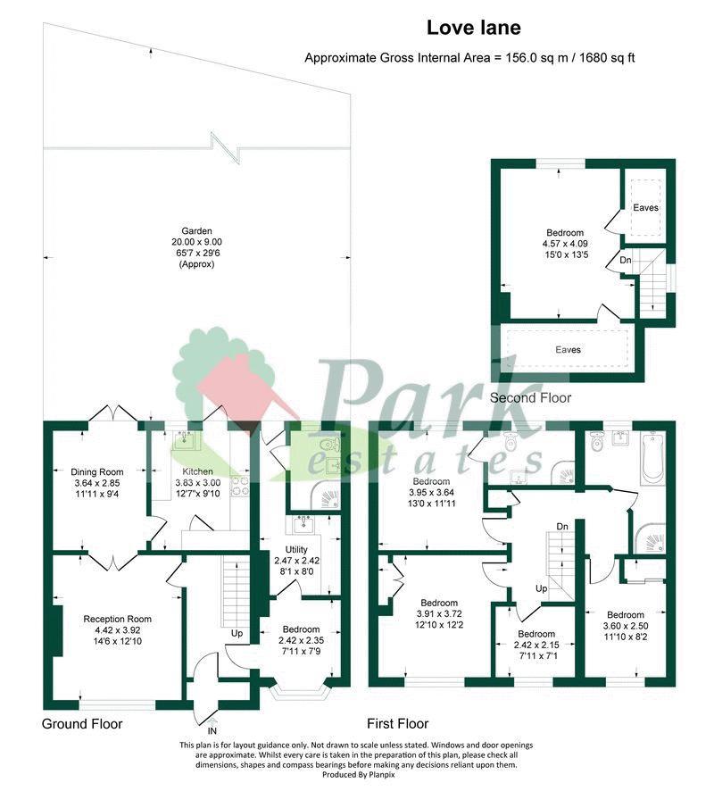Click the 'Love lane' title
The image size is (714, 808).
click(x=473, y=28)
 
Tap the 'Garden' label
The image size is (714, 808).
click(x=196, y=231)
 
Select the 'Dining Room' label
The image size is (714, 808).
click(x=97, y=472)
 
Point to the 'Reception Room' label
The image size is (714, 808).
click(x=118, y=620)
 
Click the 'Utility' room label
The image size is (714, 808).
click(x=296, y=550)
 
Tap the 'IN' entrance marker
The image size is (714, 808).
click(x=212, y=730)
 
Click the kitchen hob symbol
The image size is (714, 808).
click(x=241, y=486)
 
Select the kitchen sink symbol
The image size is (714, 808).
click(x=185, y=441)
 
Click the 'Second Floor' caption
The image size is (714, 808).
click(x=531, y=398)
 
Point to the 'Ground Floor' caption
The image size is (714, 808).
click(x=82, y=724)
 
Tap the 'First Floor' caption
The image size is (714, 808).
click(x=398, y=724)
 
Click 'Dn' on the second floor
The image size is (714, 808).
click(x=626, y=261)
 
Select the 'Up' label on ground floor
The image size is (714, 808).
click(x=237, y=634)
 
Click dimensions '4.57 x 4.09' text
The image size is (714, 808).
click(x=565, y=244)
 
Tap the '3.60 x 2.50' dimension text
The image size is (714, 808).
click(x=626, y=626)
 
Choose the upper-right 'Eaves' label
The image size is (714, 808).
click(x=645, y=208)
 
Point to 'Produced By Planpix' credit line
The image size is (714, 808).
click(x=359, y=774)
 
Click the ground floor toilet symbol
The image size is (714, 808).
click(x=328, y=445)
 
